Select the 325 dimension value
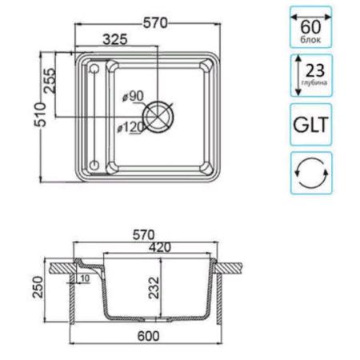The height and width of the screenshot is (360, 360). (118, 38)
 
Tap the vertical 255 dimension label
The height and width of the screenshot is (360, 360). (50, 82)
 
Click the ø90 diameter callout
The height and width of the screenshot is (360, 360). (134, 97)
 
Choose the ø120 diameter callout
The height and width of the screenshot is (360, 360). (130, 126)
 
